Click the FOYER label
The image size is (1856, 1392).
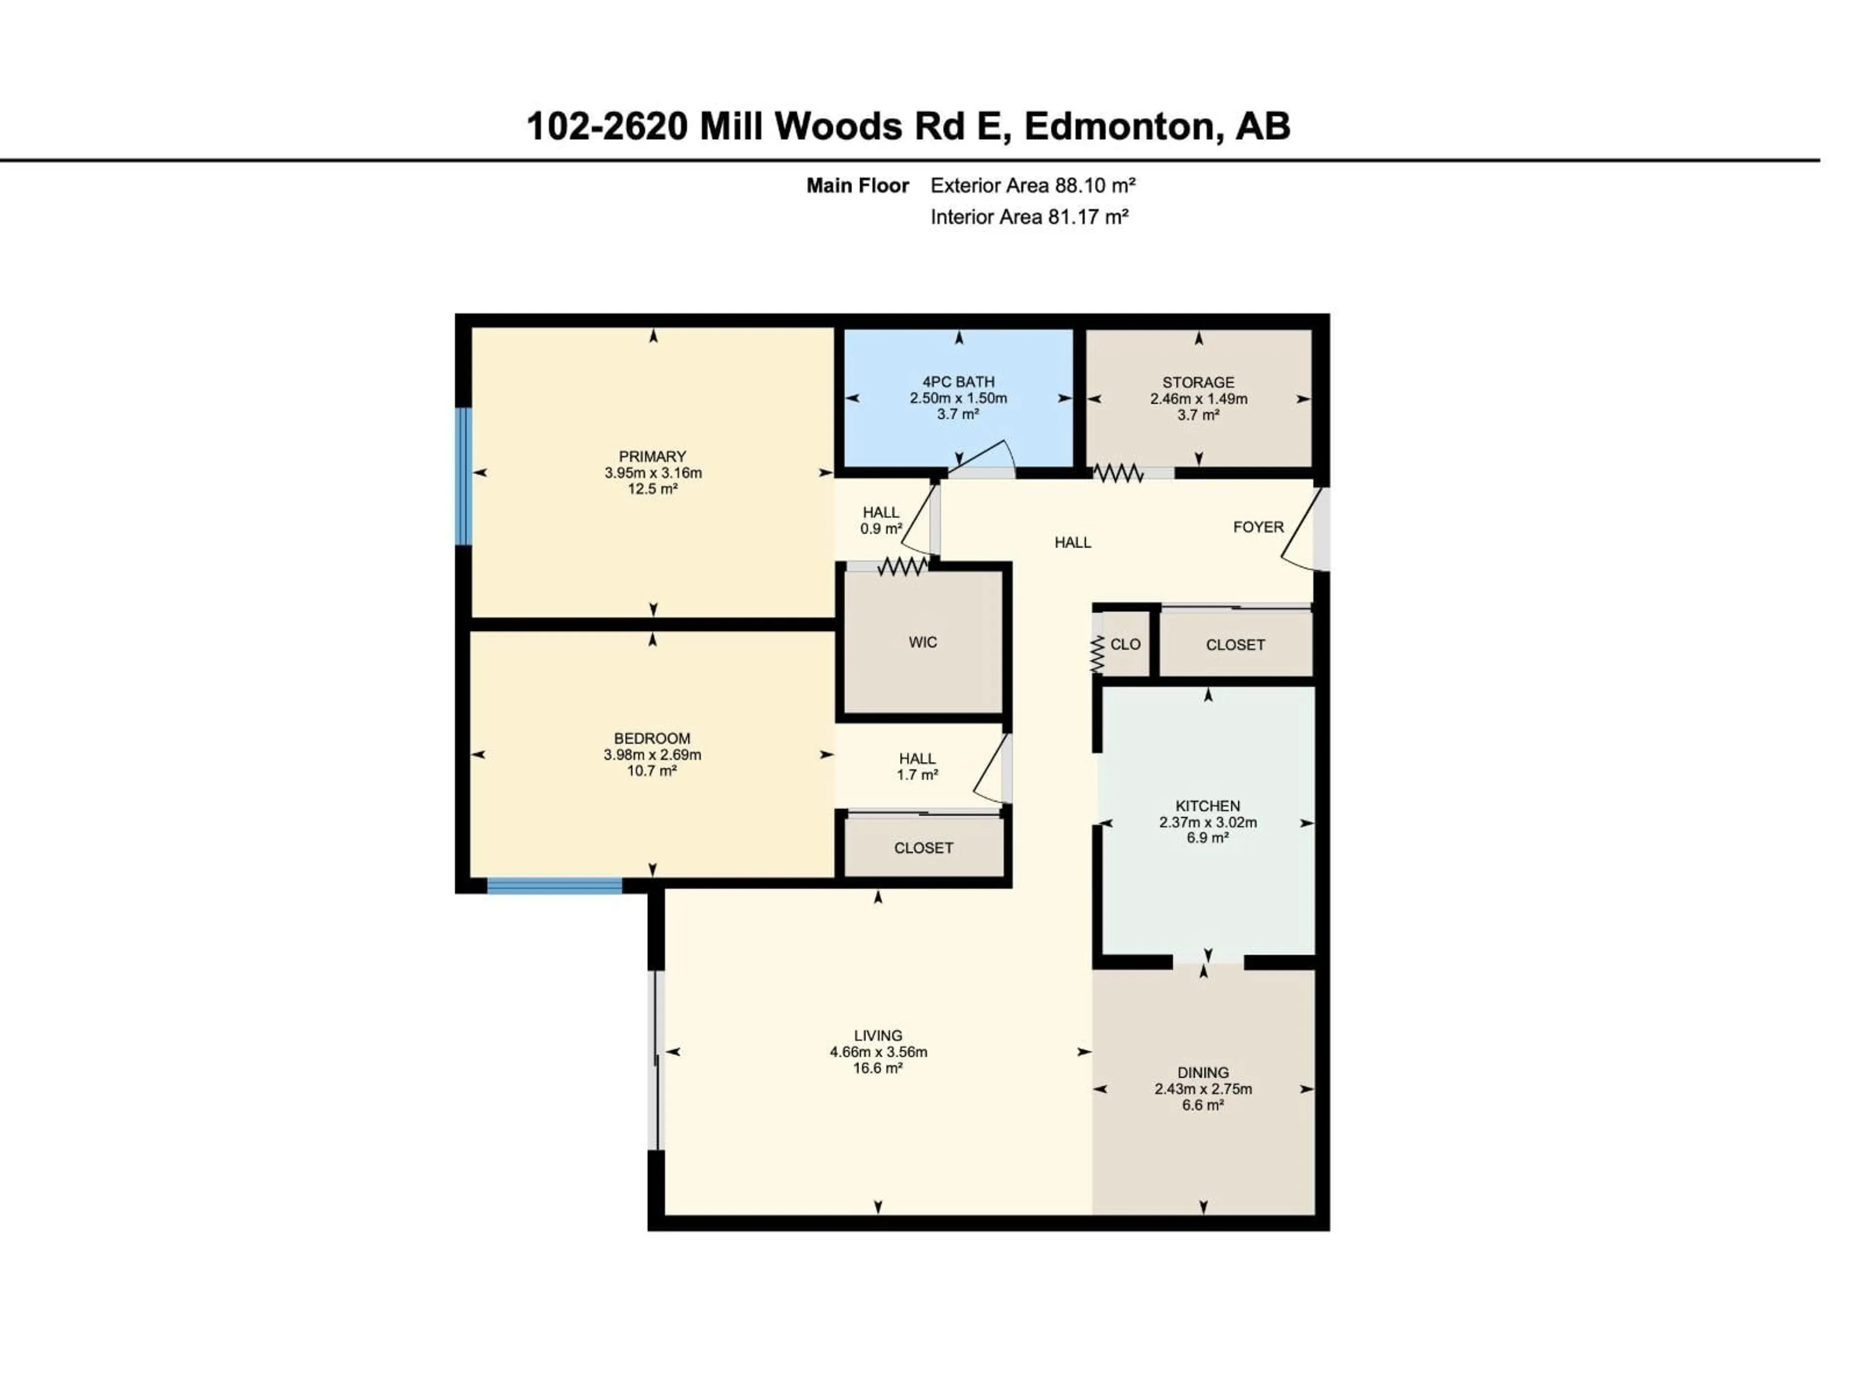[x=1258, y=527]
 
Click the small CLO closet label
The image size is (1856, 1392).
[x=1125, y=644]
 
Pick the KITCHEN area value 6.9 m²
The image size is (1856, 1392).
[x=1207, y=838]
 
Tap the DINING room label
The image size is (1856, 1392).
[x=1203, y=1073]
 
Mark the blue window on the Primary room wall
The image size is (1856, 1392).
[x=463, y=476]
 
